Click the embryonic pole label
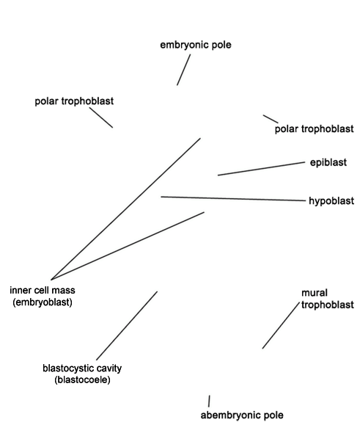(196, 45)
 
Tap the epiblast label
(328, 163)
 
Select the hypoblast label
(331, 201)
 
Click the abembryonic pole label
(242, 415)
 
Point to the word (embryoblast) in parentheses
(43, 302)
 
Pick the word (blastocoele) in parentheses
(82, 379)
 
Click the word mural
(315, 293)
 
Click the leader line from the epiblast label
(261, 169)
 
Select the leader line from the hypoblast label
(233, 199)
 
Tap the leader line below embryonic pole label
(183, 70)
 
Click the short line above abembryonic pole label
(209, 401)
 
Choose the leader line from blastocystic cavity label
(127, 326)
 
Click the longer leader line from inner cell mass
(126, 208)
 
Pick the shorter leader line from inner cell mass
(128, 246)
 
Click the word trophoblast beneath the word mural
(328, 305)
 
